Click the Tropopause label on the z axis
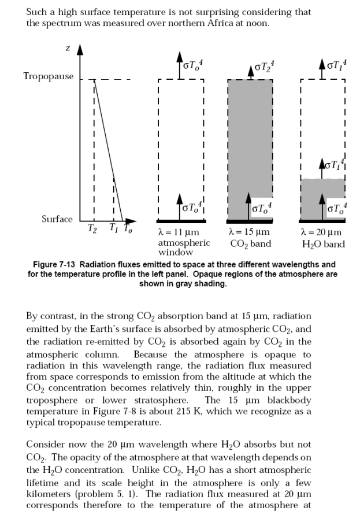coord(49,76)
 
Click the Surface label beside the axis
coord(57,219)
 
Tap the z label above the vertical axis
coord(68,49)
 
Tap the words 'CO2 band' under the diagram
coord(250,243)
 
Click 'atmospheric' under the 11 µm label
coord(184,243)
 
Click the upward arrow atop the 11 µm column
coord(179,62)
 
